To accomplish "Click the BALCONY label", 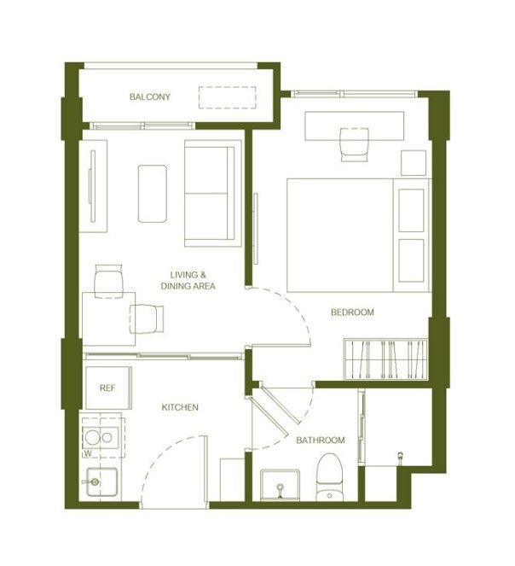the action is [x=150, y=96].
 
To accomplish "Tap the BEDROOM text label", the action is [x=352, y=312].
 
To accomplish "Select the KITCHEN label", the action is [x=180, y=407].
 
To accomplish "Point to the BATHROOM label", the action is [x=321, y=440].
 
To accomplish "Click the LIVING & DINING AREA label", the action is [x=188, y=281].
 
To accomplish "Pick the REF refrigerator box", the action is [x=108, y=388].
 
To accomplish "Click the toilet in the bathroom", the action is [x=329, y=476].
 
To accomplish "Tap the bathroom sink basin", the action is [x=280, y=485].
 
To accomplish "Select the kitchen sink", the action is [x=101, y=481].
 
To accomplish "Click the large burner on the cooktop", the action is [x=92, y=437].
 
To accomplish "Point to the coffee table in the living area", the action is [x=152, y=194].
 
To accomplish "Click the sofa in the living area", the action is [x=213, y=194].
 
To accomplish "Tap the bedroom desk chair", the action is [x=355, y=145].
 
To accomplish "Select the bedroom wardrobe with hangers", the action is [x=386, y=359].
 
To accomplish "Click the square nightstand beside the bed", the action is [x=414, y=163].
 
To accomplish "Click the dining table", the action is [x=109, y=319].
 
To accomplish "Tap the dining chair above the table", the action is [x=108, y=282].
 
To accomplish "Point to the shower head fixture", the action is [x=400, y=457].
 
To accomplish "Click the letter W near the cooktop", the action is [x=88, y=453].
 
